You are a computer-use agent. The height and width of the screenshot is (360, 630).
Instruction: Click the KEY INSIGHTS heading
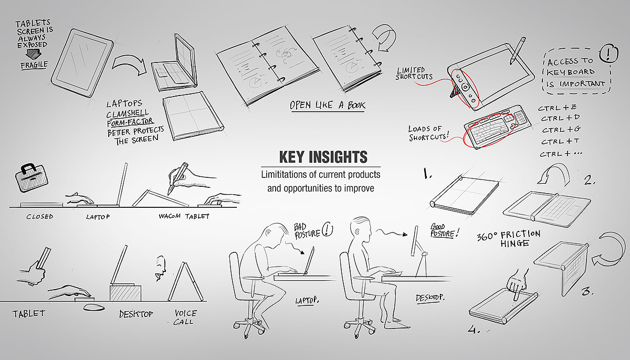click(x=323, y=157)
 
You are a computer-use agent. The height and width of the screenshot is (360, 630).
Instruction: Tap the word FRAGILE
click(x=34, y=65)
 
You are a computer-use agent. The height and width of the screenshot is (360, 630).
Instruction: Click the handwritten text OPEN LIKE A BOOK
click(x=328, y=105)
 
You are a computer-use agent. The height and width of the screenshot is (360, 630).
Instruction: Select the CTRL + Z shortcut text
click(x=557, y=108)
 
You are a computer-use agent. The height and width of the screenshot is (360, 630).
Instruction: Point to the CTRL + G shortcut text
click(x=561, y=130)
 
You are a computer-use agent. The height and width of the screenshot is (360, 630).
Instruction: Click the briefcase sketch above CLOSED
click(x=31, y=177)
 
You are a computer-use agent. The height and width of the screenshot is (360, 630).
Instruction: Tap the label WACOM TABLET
click(x=184, y=216)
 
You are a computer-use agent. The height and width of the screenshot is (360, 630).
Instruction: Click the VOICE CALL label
click(x=185, y=317)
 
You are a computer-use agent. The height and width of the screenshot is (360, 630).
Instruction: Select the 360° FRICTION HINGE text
click(x=509, y=238)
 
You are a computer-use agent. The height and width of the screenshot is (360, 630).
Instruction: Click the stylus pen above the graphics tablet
click(x=518, y=50)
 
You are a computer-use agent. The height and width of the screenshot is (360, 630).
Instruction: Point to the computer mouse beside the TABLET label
click(x=94, y=308)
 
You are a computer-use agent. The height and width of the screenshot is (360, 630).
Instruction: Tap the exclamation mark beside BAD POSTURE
click(x=327, y=229)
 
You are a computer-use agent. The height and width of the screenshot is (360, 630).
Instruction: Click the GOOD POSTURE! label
click(x=444, y=230)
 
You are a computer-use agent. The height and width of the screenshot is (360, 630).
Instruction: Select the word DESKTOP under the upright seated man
click(x=430, y=298)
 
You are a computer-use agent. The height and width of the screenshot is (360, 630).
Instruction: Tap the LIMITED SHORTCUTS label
click(x=414, y=73)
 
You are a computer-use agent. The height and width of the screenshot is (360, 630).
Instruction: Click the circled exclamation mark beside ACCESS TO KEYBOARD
click(x=608, y=53)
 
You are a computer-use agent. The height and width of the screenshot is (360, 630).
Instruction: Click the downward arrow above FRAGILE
click(x=33, y=54)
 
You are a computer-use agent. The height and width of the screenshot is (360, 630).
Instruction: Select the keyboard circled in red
click(x=497, y=126)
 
